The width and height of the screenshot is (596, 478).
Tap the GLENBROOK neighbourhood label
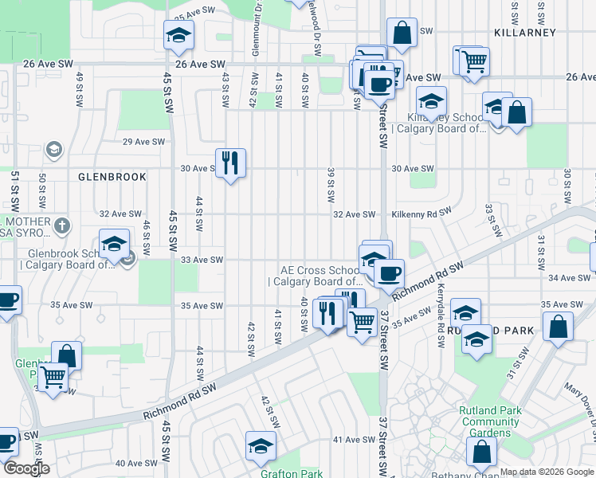pyautogui.click(x=112, y=177)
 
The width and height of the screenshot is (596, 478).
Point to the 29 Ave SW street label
pyautogui.click(x=143, y=142)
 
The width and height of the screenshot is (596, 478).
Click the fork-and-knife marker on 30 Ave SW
pyautogui.click(x=230, y=163)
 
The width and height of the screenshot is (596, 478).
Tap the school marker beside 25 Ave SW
pyautogui.click(x=178, y=36)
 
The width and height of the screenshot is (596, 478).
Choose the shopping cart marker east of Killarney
pyautogui.click(x=472, y=61)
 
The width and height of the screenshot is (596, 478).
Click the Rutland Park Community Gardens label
pyautogui.click(x=489, y=421)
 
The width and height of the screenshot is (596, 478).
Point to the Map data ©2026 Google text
pyautogui.click(x=547, y=472)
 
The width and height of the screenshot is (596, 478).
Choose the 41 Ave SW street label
pyautogui.click(x=353, y=440)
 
